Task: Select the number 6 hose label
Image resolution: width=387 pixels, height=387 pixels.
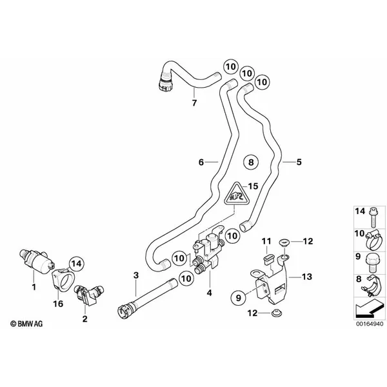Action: [201, 163]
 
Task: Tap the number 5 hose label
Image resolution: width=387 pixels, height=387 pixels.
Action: [299, 162]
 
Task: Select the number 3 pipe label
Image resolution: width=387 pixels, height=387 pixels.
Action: [136, 275]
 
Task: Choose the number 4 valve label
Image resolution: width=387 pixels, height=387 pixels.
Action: [208, 292]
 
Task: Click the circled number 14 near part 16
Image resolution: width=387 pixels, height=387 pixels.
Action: [77, 263]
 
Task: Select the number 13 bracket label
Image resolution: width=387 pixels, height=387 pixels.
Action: [306, 277]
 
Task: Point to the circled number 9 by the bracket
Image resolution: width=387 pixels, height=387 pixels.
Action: [238, 298]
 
